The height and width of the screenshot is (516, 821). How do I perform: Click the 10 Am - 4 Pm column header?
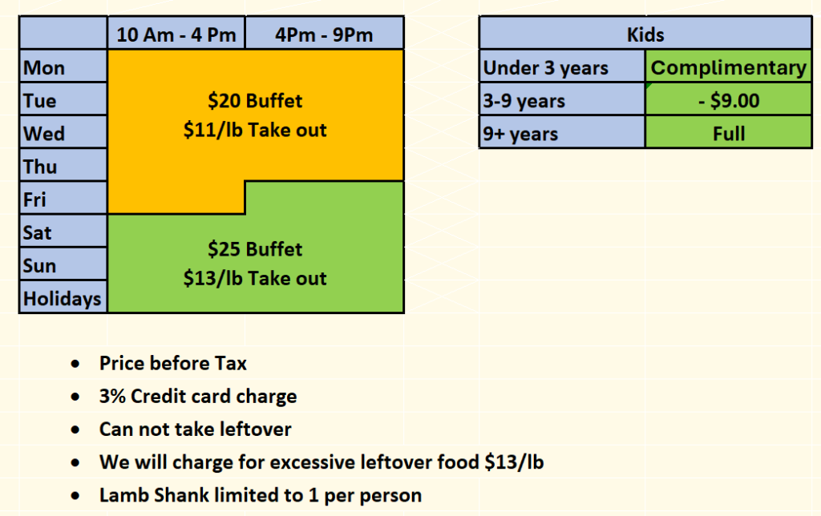pyautogui.click(x=176, y=34)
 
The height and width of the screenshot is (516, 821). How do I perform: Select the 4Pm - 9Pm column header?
pyautogui.click(x=324, y=34)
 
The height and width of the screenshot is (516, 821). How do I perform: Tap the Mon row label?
pyautogui.click(x=63, y=67)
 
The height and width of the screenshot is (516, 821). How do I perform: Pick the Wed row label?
pyautogui.click(x=63, y=134)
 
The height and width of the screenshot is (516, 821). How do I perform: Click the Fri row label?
pyautogui.click(x=63, y=200)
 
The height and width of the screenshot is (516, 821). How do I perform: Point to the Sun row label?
pyautogui.click(x=63, y=265)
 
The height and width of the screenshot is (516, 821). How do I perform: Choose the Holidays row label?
pyautogui.click(x=63, y=298)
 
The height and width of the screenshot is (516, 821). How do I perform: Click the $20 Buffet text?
pyautogui.click(x=255, y=100)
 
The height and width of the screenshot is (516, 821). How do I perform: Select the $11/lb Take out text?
pyautogui.click(x=255, y=130)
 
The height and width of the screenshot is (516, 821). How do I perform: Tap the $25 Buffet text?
pyautogui.click(x=255, y=249)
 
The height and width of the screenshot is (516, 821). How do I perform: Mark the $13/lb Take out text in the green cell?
pyautogui.click(x=255, y=278)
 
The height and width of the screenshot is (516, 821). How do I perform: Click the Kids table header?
pyautogui.click(x=645, y=34)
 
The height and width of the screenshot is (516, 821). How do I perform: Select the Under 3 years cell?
pyautogui.click(x=562, y=67)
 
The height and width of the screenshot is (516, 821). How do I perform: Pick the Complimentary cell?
pyautogui.click(x=728, y=67)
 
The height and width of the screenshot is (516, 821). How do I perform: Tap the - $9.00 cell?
pyautogui.click(x=728, y=100)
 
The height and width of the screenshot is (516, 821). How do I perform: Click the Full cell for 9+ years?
pyautogui.click(x=728, y=134)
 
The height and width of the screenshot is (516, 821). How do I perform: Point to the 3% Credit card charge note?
pyautogui.click(x=198, y=396)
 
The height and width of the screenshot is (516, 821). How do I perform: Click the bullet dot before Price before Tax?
pyautogui.click(x=75, y=363)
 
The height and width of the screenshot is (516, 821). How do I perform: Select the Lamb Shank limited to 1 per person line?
pyautogui.click(x=261, y=495)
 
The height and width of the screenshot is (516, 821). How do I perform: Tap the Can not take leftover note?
pyautogui.click(x=196, y=429)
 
